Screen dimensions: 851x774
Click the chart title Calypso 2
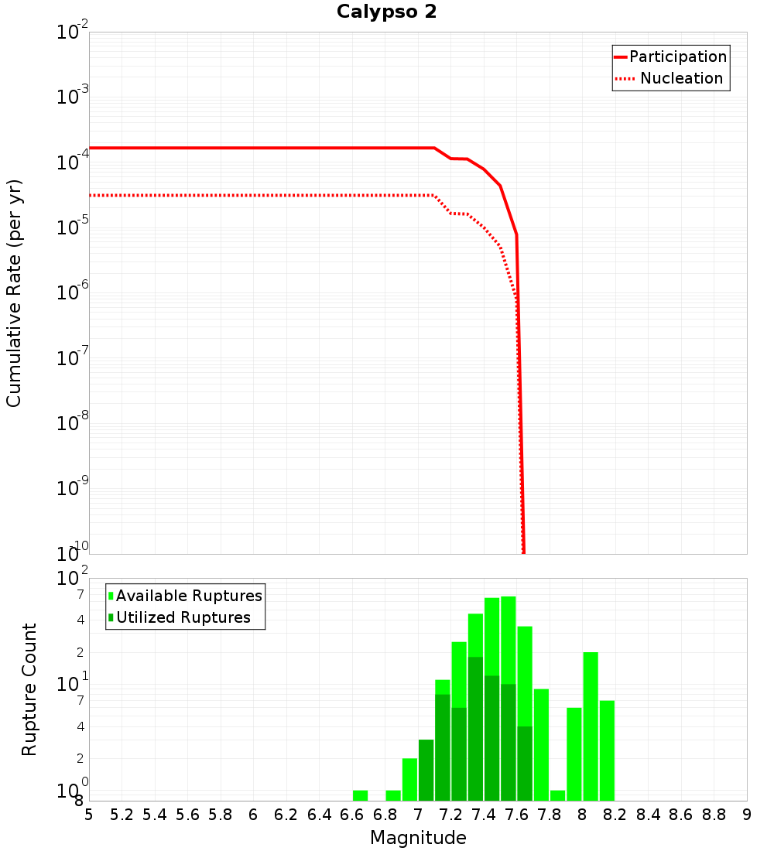pos(386,12)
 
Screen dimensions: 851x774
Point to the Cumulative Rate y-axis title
pos(14,293)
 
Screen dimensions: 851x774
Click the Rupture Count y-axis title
pos(29,689)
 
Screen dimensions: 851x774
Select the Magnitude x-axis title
pos(418,838)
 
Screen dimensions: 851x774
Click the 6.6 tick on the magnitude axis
pos(351,815)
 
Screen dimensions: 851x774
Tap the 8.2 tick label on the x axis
pos(615,815)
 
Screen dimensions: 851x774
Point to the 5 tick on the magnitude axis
pos(89,815)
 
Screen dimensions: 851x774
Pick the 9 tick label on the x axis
pos(747,815)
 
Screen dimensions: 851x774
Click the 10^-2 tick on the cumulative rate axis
pos(73,32)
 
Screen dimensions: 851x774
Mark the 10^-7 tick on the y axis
pos(73,358)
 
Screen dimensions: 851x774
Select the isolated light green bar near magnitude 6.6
pos(360,795)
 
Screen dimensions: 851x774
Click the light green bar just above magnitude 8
pos(591,726)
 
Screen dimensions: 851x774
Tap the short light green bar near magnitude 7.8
pos(557,795)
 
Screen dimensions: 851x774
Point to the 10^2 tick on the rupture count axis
pos(73,579)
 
